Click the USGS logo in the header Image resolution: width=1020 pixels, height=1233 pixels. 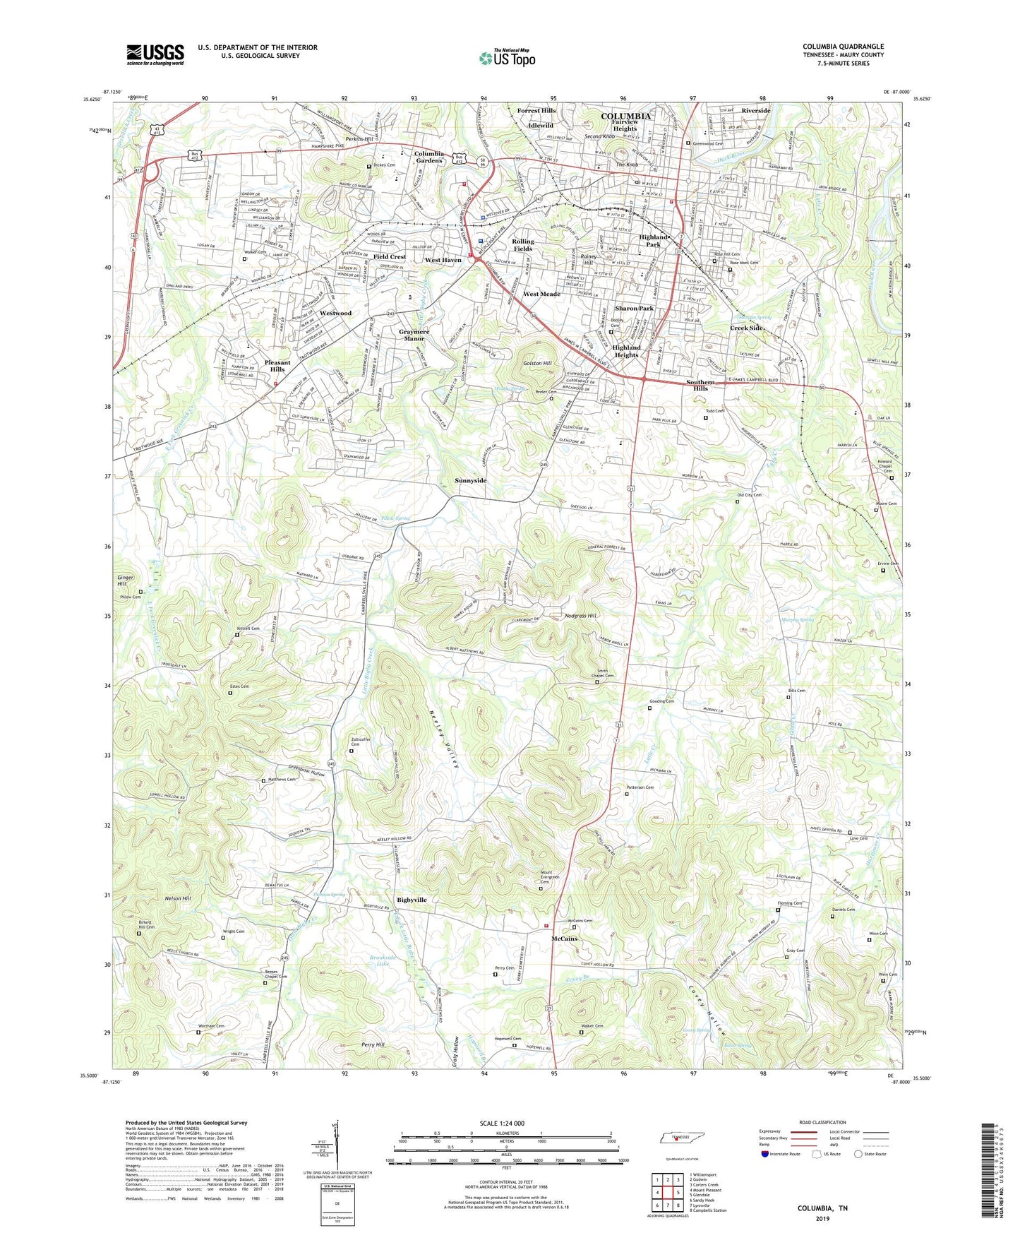(155, 54)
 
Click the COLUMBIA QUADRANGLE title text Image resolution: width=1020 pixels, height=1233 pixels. (843, 47)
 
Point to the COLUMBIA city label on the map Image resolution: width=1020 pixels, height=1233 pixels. (625, 116)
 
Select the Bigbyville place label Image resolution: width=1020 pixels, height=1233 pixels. (412, 900)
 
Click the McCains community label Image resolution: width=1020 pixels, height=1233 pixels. (564, 939)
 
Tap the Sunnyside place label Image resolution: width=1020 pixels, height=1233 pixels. (470, 480)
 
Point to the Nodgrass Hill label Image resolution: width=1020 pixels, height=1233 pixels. (581, 616)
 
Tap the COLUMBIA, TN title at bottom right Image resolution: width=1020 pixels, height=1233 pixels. (822, 1208)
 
